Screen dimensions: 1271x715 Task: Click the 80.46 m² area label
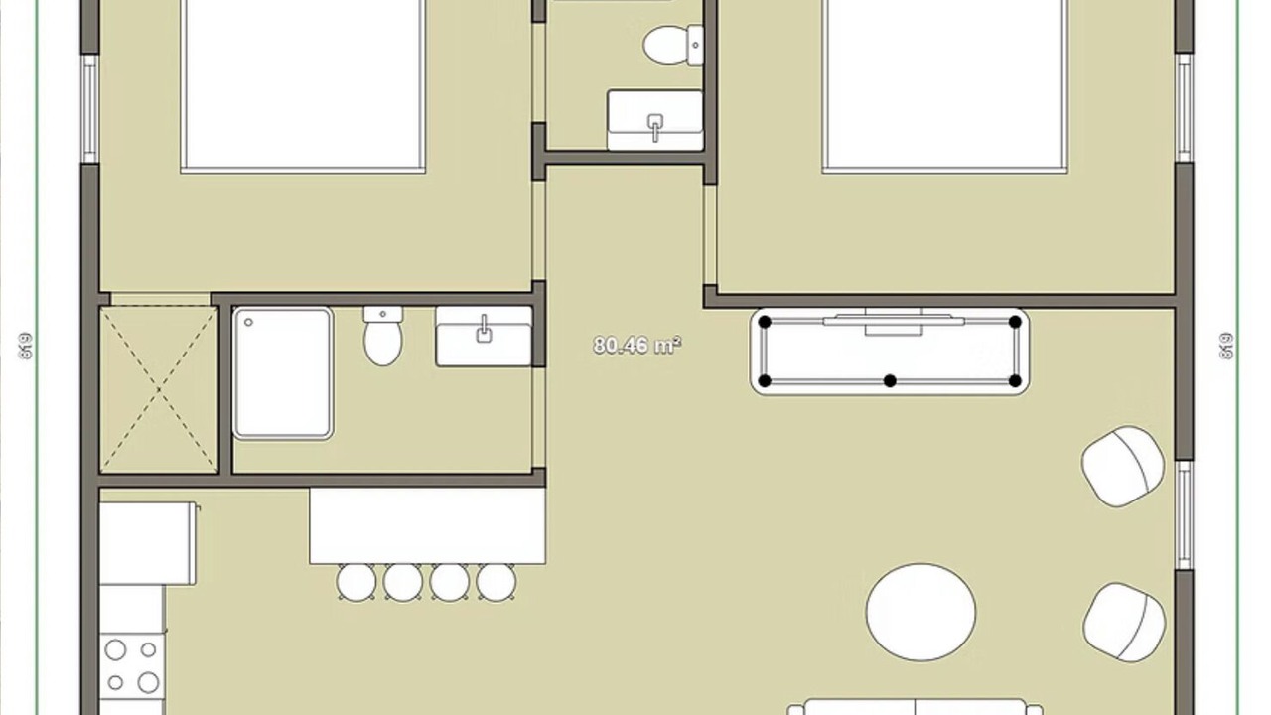click(x=636, y=346)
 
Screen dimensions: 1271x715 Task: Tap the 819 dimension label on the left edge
click(x=26, y=346)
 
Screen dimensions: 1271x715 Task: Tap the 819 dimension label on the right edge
click(x=1226, y=346)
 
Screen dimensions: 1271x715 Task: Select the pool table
click(x=890, y=352)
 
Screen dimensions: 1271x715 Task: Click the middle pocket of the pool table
click(x=891, y=380)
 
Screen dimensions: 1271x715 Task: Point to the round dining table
click(x=920, y=613)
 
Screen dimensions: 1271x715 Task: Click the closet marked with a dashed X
click(x=159, y=390)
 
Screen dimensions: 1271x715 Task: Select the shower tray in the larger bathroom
click(x=283, y=373)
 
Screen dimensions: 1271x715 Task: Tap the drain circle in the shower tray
click(x=248, y=323)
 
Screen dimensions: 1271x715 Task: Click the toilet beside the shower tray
click(x=383, y=336)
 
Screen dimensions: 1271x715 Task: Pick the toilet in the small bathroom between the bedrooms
click(x=673, y=45)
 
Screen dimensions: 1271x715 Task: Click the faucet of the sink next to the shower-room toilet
click(x=484, y=329)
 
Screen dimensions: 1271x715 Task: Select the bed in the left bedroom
click(x=303, y=85)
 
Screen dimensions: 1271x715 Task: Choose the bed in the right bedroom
click(x=944, y=85)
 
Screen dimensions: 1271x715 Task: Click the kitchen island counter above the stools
click(x=427, y=525)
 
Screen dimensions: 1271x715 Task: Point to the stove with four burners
click(x=132, y=665)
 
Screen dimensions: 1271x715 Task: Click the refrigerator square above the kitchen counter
click(x=148, y=543)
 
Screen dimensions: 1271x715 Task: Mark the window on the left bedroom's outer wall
click(x=90, y=109)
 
